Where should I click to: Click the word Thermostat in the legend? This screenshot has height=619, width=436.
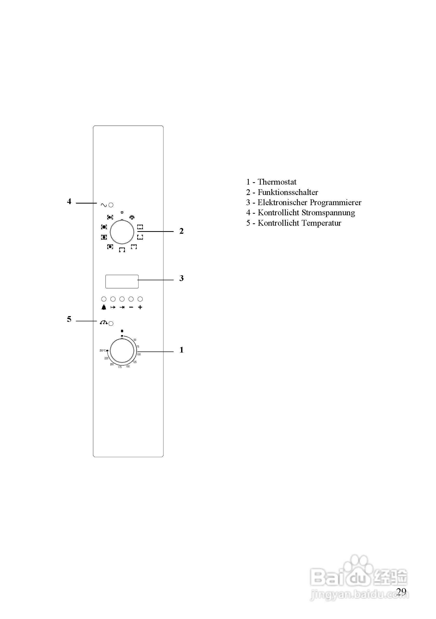click(x=277, y=182)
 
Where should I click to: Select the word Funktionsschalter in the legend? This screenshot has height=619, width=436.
click(x=288, y=192)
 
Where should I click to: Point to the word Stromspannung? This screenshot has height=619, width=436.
click(x=328, y=213)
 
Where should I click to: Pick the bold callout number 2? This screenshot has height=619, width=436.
click(x=181, y=231)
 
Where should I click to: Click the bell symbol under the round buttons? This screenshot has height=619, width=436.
click(x=104, y=307)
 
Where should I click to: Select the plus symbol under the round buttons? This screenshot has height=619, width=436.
click(x=140, y=307)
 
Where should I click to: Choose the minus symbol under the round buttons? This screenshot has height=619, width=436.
click(x=131, y=307)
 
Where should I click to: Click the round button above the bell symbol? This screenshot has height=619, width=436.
click(x=104, y=299)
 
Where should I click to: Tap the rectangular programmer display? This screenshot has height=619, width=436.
click(x=122, y=282)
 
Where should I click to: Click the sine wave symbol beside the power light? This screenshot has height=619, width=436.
click(x=104, y=205)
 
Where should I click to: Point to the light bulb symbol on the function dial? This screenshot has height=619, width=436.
click(x=132, y=217)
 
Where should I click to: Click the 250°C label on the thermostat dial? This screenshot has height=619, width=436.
click(x=103, y=350)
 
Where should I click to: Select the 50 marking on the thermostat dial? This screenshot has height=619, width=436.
click(x=135, y=340)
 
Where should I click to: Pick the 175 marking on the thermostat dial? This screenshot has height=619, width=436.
click(x=120, y=367)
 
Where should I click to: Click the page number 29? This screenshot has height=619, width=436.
click(x=401, y=591)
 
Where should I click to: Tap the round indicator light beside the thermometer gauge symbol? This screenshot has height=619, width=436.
click(x=111, y=323)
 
